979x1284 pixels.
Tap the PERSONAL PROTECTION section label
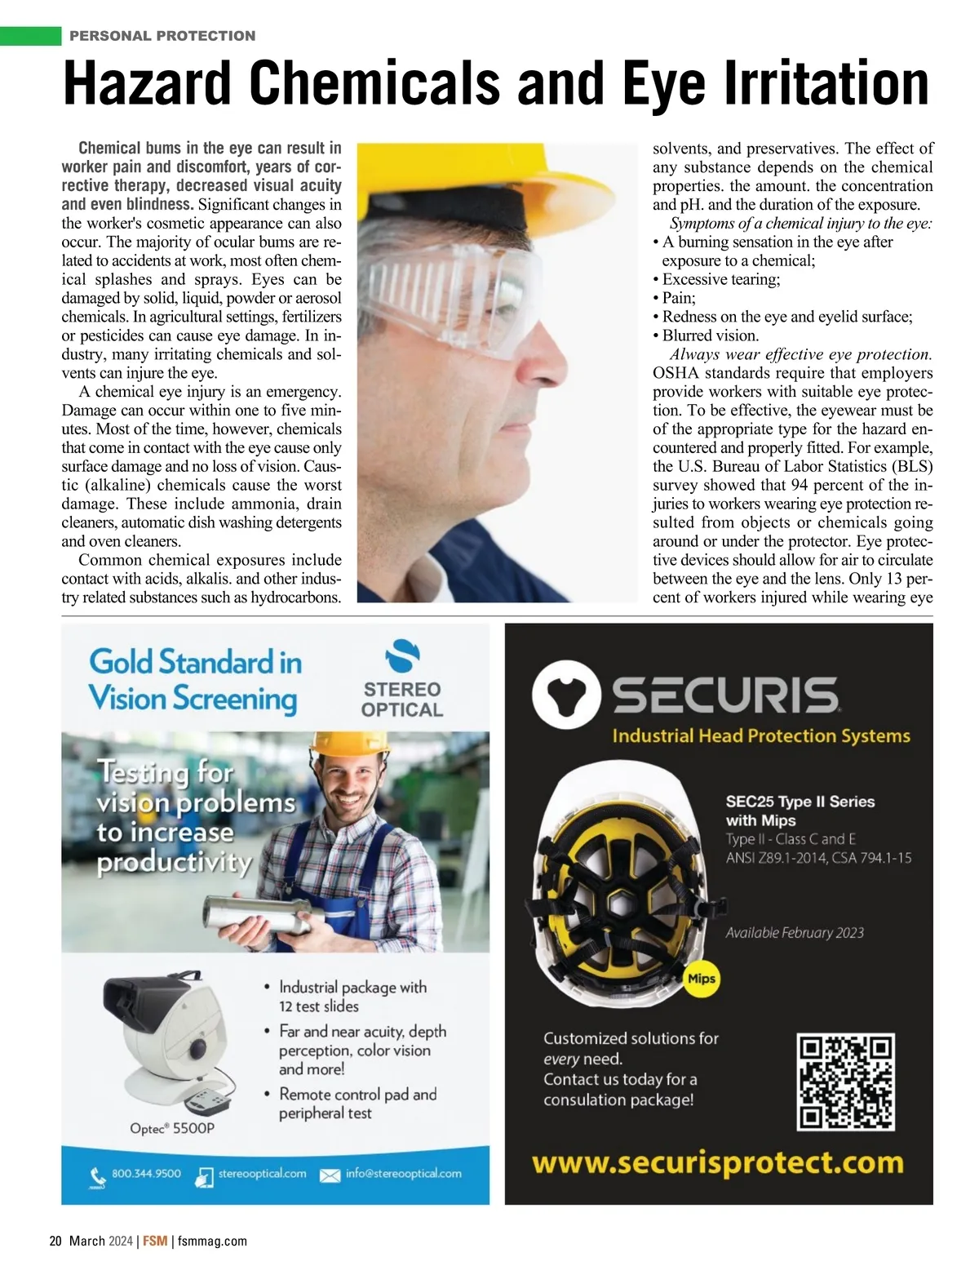[x=162, y=36]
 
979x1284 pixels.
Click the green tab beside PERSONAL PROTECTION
[x=31, y=36]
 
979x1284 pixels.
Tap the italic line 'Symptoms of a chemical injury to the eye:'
[x=800, y=223]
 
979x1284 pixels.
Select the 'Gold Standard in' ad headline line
[x=195, y=662]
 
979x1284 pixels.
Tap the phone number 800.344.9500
[x=146, y=1174]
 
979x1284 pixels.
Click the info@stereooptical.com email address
[x=403, y=1174]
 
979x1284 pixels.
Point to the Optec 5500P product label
[x=172, y=1128]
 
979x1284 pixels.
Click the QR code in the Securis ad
[x=845, y=1082]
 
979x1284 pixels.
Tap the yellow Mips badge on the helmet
[x=702, y=978]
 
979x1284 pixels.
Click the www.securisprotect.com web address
[x=718, y=1162]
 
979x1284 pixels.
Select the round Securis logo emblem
[x=565, y=695]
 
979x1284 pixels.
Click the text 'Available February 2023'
[x=795, y=932]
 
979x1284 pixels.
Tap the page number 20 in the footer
[x=55, y=1241]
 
